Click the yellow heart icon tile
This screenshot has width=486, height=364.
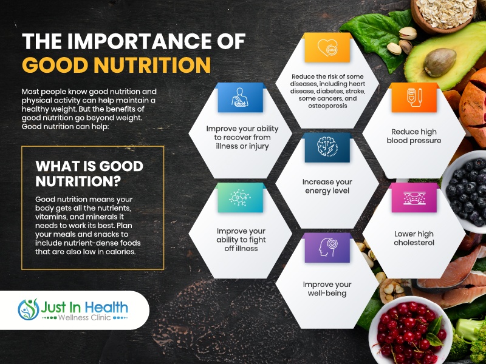coord(327,47)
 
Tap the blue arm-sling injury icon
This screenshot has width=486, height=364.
coord(240,98)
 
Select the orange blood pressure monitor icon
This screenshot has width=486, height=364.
coord(414,98)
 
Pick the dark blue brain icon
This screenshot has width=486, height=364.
coord(327,147)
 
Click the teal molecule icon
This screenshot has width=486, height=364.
coord(240,198)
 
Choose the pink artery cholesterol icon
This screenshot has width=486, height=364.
coord(414,198)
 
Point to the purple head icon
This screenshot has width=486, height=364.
coord(327,248)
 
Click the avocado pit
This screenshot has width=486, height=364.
coord(440,62)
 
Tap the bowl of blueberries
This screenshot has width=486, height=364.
coord(465,191)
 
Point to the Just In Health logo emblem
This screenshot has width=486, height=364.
coord(29,309)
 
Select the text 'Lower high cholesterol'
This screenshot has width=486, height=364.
coord(414,238)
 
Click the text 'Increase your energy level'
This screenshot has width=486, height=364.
coord(327,186)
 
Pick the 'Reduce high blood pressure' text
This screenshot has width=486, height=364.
coord(414,136)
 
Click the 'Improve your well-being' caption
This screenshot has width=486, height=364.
coord(327,289)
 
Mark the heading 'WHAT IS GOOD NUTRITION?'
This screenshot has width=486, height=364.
coord(89,174)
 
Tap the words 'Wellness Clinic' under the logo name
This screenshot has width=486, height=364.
coord(84,318)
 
